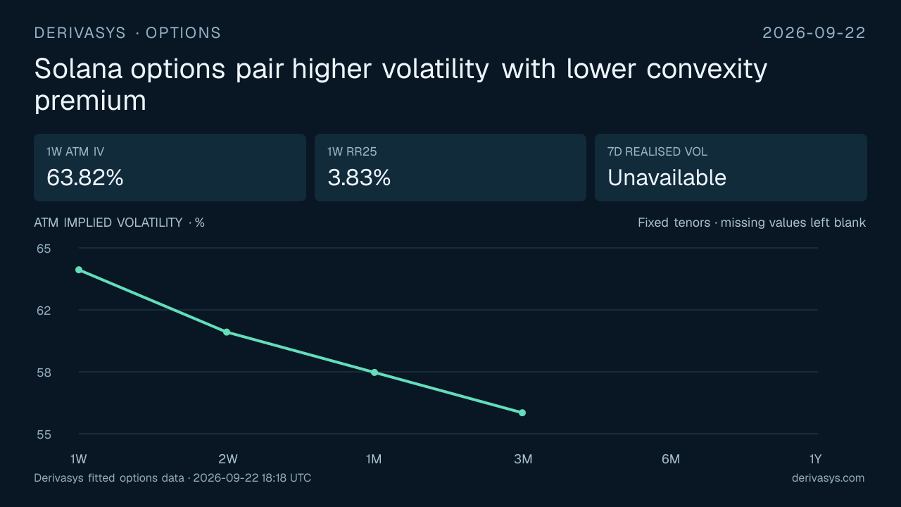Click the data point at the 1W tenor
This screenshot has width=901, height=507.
[x=79, y=270]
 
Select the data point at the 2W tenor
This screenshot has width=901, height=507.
[x=227, y=332]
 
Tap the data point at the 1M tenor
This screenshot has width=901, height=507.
[x=374, y=373]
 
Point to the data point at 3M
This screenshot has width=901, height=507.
[x=522, y=413]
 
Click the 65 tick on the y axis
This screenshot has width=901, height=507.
[x=44, y=249]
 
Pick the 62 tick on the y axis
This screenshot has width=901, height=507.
[x=44, y=311]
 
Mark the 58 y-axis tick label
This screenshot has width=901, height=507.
[x=44, y=373]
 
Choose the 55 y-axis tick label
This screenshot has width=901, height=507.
[x=44, y=434]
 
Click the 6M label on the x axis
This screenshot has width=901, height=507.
[x=671, y=459]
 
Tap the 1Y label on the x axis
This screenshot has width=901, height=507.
[x=816, y=459]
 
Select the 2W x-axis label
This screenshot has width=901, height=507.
[x=228, y=459]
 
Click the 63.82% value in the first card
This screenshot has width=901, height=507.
[x=85, y=177]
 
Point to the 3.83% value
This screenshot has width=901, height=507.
[x=359, y=177]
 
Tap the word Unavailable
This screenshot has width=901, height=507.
[x=667, y=177]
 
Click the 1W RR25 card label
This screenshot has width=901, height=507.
[x=352, y=151]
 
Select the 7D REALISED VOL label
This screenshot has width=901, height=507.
[x=657, y=151]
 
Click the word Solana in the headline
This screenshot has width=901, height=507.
[x=78, y=69]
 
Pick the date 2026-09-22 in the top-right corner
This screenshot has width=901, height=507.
[x=814, y=33]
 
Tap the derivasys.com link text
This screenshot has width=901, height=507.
[x=828, y=478]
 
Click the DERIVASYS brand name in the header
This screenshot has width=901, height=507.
[x=80, y=33]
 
